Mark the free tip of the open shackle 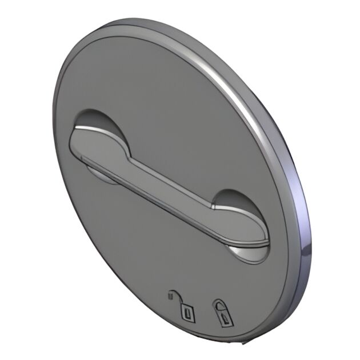tap(170, 295)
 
